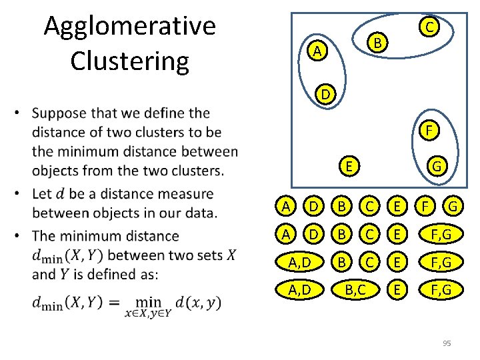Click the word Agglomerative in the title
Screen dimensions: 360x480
pyautogui.click(x=129, y=27)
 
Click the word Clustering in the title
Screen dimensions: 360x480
pyautogui.click(x=129, y=60)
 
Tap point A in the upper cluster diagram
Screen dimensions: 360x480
pyautogui.click(x=319, y=51)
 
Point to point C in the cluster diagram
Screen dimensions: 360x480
pyautogui.click(x=430, y=27)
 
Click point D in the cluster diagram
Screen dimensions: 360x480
pyautogui.click(x=325, y=95)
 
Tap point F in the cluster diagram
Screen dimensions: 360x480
pyautogui.click(x=430, y=130)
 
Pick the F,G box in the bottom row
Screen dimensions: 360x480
pyautogui.click(x=437, y=290)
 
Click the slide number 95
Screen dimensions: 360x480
pyautogui.click(x=447, y=343)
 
